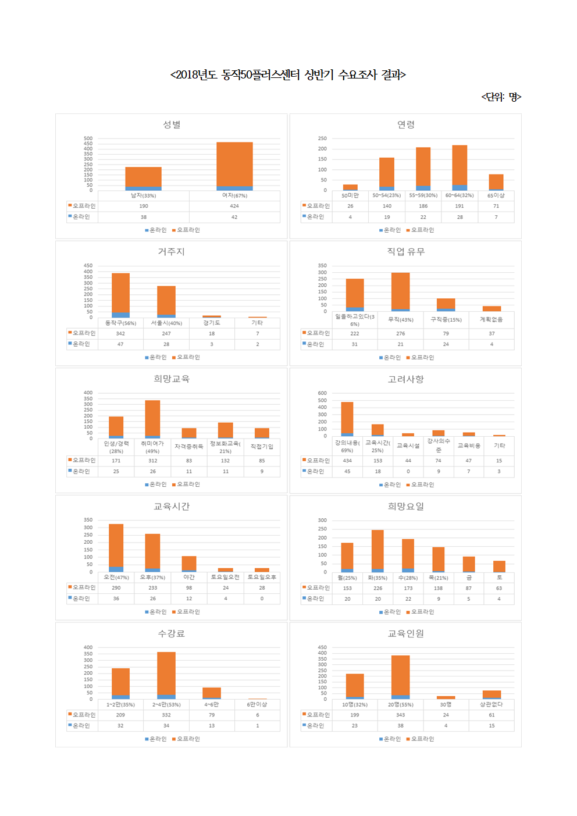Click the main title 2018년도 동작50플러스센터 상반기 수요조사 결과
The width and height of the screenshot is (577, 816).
tap(288, 74)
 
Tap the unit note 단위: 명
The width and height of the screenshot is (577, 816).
tap(501, 97)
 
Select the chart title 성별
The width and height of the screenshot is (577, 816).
tap(172, 124)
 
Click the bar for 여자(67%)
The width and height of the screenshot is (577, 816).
tap(234, 166)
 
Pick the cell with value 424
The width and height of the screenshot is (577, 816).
tap(234, 206)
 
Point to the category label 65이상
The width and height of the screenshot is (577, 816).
tap(496, 195)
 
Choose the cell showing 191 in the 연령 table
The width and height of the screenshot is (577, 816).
tap(460, 206)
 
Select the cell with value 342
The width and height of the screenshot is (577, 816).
tap(120, 333)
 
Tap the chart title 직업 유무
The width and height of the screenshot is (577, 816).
tap(406, 252)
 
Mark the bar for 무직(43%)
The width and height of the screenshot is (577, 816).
tap(400, 291)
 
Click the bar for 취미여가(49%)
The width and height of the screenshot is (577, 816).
tap(152, 419)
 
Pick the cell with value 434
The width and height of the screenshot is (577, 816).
tap(347, 461)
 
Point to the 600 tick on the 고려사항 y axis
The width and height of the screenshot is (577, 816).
tap(322, 393)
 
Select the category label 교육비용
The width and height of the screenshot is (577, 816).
tap(469, 446)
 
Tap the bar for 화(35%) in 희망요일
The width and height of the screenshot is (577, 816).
tap(377, 551)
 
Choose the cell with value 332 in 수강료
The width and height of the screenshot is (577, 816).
tap(166, 715)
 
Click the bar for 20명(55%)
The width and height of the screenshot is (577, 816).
tap(400, 677)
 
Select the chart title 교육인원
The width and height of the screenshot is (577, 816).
tap(406, 633)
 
